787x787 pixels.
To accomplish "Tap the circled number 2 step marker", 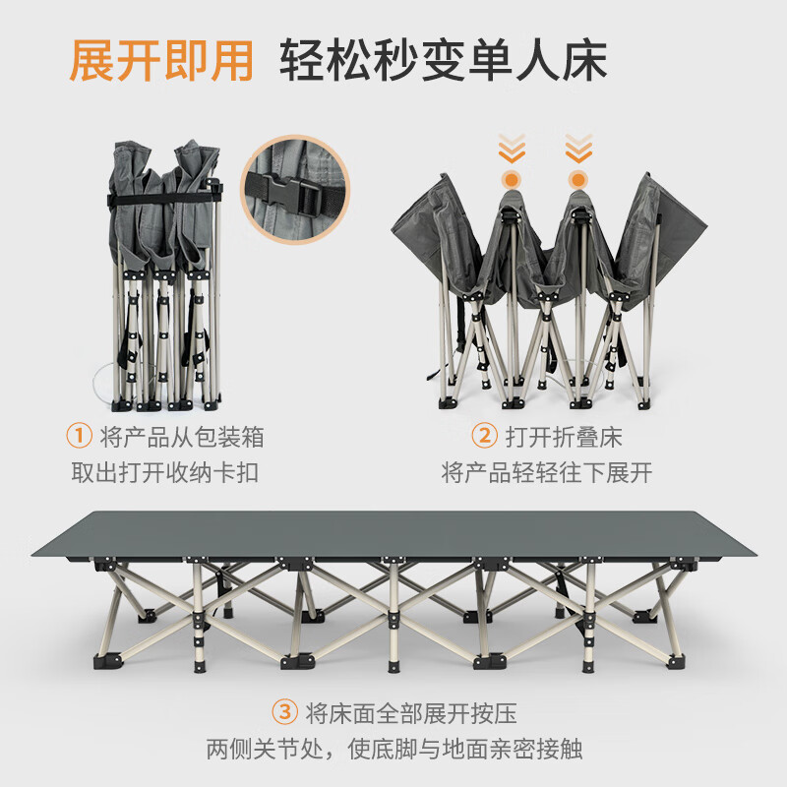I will pyautogui.click(x=484, y=435).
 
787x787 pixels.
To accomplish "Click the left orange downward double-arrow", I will pyautogui.click(x=512, y=150).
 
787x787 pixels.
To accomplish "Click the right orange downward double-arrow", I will pyautogui.click(x=578, y=150).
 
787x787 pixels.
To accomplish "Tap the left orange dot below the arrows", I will pyautogui.click(x=512, y=180).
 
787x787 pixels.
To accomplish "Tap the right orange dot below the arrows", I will pyautogui.click(x=578, y=180).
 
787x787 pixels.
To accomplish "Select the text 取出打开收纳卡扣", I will pyautogui.click(x=164, y=472).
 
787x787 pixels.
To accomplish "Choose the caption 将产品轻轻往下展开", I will pyautogui.click(x=547, y=472).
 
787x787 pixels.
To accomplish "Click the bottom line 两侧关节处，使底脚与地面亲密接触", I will pyautogui.click(x=393, y=750).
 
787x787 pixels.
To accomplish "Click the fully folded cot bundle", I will pyautogui.click(x=162, y=275).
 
